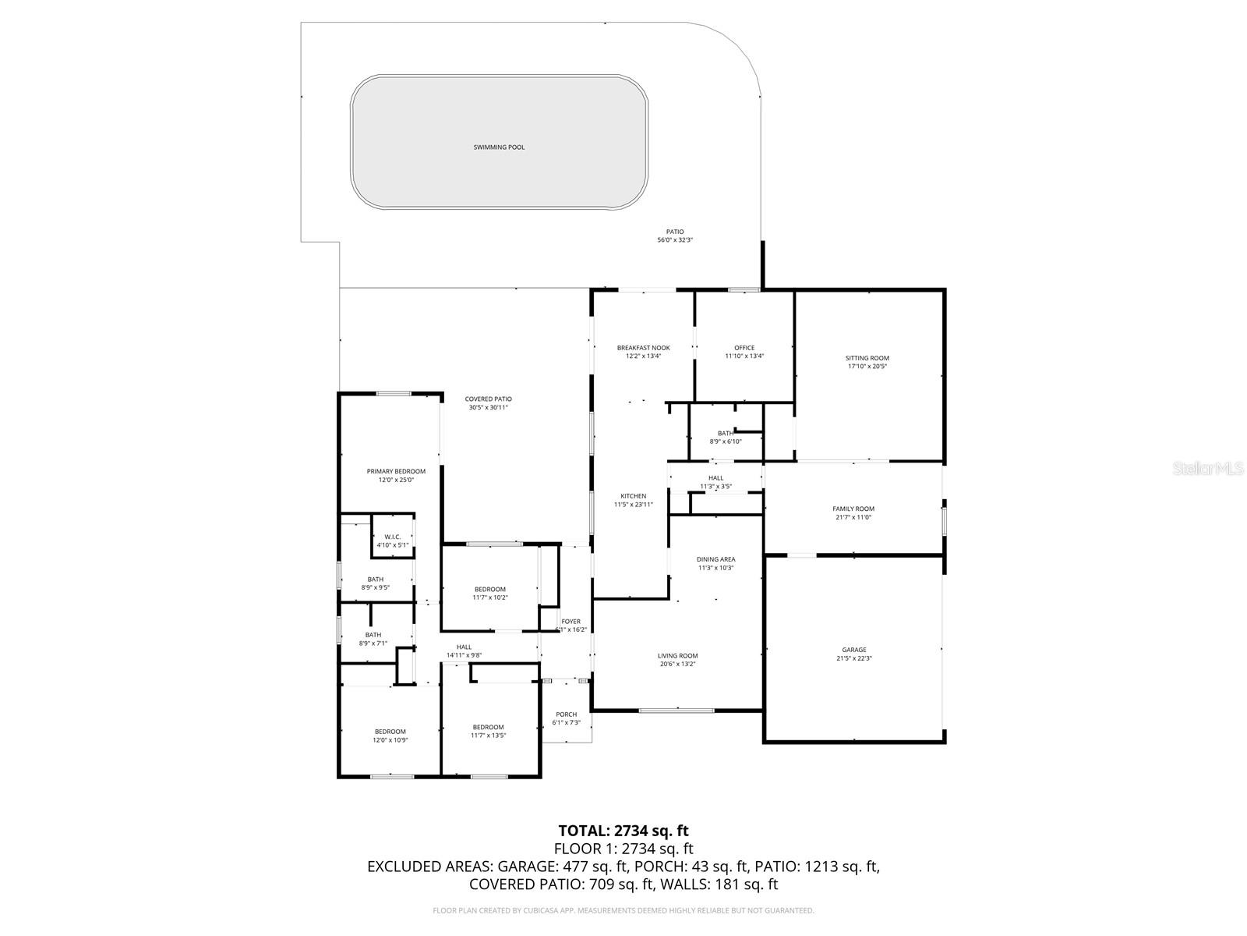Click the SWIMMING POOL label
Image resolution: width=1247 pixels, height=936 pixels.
coord(499,147)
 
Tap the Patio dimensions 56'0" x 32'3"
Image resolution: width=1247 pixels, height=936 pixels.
coord(674,240)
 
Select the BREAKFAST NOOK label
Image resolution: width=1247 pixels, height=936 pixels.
coord(643,348)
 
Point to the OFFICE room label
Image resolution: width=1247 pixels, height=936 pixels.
coord(744,348)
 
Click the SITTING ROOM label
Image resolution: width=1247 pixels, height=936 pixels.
coord(867,358)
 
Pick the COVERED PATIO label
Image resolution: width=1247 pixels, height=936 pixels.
coord(488,399)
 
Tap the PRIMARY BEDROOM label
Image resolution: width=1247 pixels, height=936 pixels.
coord(396,471)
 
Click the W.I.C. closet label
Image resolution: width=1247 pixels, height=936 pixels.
coord(392,537)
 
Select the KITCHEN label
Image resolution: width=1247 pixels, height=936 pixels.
coord(633,496)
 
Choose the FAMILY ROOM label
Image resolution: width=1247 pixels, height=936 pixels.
coord(853,509)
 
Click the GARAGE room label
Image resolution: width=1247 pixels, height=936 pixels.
coord(853,650)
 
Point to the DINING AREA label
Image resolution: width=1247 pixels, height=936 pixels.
coord(715,559)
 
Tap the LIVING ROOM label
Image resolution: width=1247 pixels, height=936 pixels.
coord(677,656)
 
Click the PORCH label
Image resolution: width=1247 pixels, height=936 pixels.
coord(566,714)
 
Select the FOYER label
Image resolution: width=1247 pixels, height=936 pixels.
coord(571,622)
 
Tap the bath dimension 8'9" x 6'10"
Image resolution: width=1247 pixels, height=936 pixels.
coord(725,441)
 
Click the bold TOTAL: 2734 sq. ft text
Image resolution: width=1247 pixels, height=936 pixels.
coord(623,830)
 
